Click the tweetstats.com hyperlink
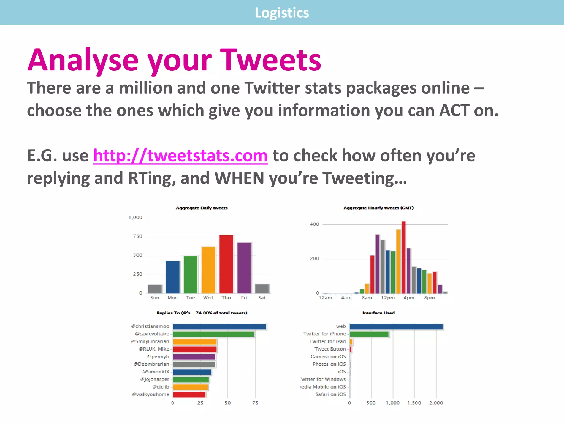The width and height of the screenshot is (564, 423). [180, 156]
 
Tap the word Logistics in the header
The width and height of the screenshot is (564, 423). [282, 13]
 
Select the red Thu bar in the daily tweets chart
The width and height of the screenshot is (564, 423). [226, 264]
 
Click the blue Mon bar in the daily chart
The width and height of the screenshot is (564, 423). [173, 277]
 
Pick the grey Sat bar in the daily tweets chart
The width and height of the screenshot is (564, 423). [262, 289]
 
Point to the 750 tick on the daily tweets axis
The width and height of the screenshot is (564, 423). [138, 237]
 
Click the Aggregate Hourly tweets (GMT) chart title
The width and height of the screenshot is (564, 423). [378, 208]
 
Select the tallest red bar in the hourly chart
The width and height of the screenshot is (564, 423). [403, 257]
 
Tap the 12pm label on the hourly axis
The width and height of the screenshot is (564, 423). [388, 298]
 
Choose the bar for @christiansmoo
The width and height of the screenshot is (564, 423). [219, 327]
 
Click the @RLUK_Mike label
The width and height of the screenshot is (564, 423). [154, 349]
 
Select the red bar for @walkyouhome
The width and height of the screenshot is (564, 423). [189, 395]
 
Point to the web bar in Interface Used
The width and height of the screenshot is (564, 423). [396, 327]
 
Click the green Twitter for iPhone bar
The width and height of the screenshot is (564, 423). [369, 334]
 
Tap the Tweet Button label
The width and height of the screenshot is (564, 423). [330, 349]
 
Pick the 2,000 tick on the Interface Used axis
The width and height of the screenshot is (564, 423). [436, 403]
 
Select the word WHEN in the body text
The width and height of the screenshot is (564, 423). [239, 178]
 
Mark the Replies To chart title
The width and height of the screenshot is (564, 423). [202, 313]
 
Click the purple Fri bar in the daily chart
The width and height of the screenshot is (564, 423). [244, 268]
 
